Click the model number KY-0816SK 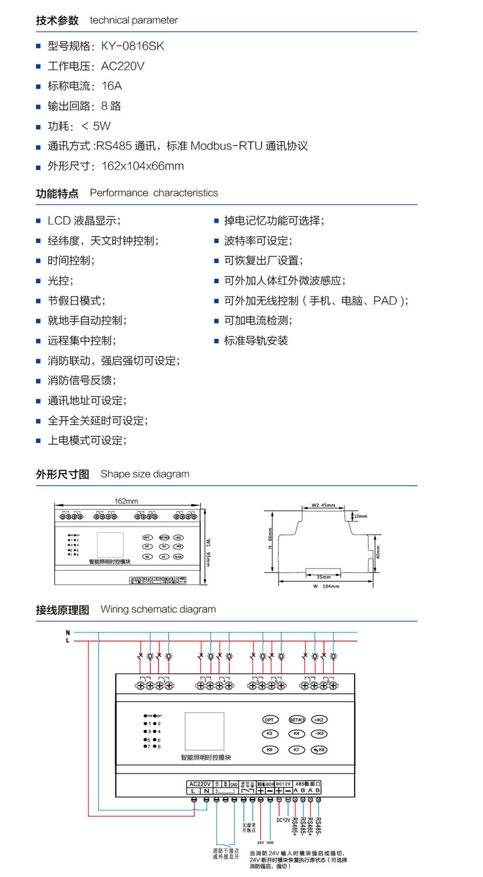132,46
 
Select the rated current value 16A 112,86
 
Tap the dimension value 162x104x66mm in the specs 142,166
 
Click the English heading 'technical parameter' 134,20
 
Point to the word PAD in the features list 385,301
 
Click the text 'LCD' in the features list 59,221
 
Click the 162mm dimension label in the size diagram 126,501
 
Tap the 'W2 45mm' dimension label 323,505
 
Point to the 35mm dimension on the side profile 324,577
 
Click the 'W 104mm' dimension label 327,586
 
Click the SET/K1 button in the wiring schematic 297,720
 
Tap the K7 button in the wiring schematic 297,750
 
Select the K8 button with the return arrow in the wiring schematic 319,750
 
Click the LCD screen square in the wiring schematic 204,731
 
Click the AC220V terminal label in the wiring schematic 200,784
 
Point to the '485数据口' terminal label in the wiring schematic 307,784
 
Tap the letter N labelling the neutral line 68,633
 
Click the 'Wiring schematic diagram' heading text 158,609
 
